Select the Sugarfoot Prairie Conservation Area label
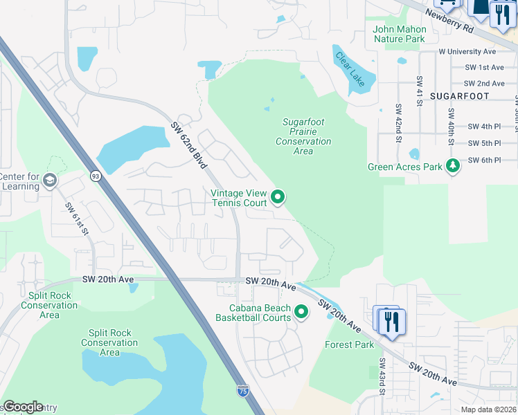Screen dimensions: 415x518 point(303,136)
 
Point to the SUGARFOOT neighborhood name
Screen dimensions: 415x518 point(459,96)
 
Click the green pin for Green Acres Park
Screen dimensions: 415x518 point(453,165)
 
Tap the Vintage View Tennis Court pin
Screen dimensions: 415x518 point(278,198)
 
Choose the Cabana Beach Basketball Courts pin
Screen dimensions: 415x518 point(301,312)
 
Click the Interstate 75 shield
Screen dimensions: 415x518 point(242,391)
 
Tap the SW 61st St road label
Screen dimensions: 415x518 point(79,219)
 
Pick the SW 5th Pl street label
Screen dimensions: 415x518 point(484,143)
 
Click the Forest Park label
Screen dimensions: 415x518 point(349,344)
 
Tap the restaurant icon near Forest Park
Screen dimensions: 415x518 point(392,321)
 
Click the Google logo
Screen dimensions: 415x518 point(23,407)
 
